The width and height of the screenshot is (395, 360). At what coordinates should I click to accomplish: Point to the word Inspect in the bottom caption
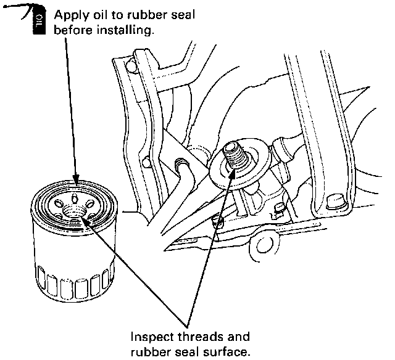click(x=149, y=337)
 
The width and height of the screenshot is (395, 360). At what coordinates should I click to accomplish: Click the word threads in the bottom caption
click(x=196, y=337)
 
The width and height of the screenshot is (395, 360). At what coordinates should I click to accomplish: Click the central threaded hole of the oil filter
click(x=75, y=213)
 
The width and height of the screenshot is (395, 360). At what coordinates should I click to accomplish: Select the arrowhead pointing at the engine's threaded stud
click(x=233, y=173)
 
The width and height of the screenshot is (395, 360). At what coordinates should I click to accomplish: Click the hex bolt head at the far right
click(x=336, y=201)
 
